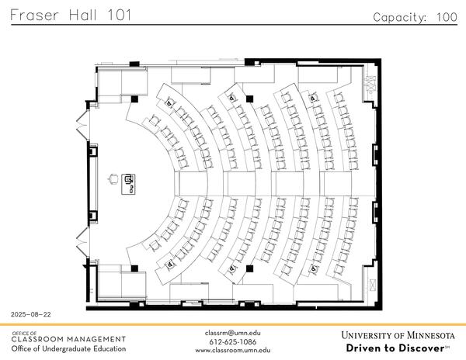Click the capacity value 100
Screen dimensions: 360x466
[446, 16]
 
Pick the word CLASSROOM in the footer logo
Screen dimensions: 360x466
[40, 339]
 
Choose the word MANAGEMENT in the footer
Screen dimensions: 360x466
[97, 339]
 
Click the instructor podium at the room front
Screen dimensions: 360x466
[130, 183]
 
